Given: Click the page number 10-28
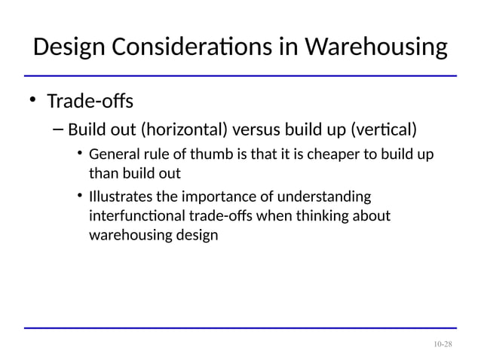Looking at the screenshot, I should [443, 344].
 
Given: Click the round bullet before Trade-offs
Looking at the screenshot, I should [32, 102].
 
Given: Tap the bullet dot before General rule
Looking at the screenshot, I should [79, 156].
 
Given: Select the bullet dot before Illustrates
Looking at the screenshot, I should [79, 198].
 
